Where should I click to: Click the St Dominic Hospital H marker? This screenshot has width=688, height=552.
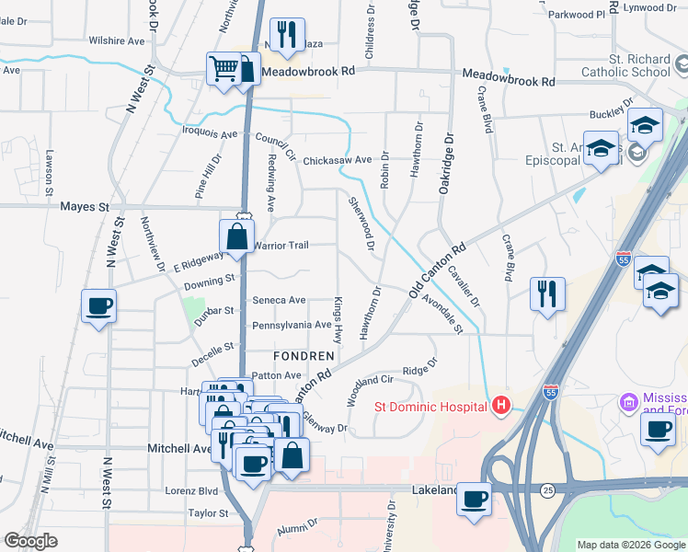[x=500, y=405]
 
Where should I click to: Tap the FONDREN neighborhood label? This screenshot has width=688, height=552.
[x=301, y=355]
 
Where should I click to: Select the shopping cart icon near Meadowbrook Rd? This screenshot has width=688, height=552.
[x=224, y=68]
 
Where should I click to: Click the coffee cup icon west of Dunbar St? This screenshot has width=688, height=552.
[x=98, y=306]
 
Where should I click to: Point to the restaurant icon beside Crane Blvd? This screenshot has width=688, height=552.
[x=547, y=294]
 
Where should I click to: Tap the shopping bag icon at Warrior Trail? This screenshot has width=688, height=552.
[x=237, y=236]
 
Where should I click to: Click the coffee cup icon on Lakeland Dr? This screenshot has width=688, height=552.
[x=475, y=500]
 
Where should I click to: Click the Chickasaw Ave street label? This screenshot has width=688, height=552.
[x=337, y=159]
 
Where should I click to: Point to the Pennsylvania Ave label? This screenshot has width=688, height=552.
[x=292, y=325]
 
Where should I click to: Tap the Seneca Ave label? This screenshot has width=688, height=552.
[x=279, y=300]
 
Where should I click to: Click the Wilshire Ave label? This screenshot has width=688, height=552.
[x=117, y=41]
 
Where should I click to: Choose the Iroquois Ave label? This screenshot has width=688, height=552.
[x=212, y=133]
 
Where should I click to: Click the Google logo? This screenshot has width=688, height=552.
[x=31, y=541]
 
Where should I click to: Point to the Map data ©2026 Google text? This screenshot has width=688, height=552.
[x=631, y=545]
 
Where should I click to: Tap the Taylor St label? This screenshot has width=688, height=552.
[x=208, y=513]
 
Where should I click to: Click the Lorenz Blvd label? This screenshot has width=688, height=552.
[x=190, y=491]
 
